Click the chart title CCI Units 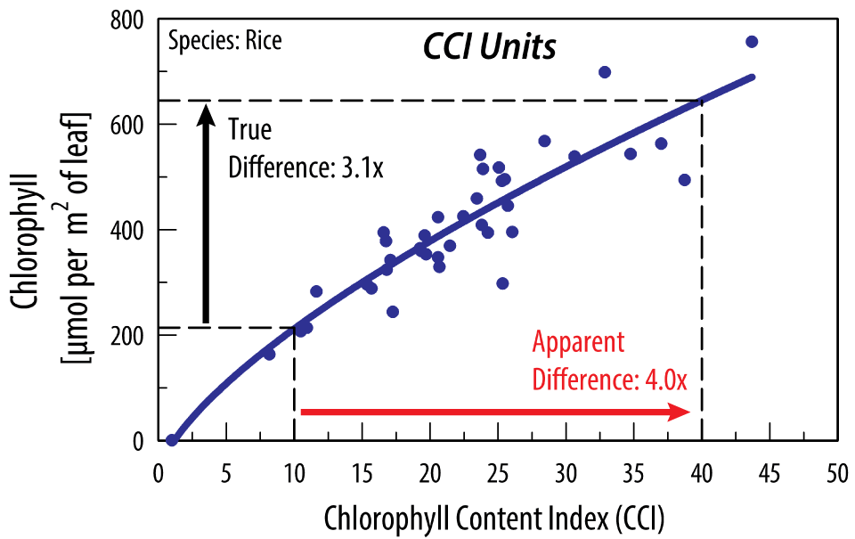[x=489, y=47]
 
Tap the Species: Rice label [x=224, y=41]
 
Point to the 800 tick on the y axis [x=129, y=19]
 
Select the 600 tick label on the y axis [x=129, y=125]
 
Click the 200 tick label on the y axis [x=129, y=335]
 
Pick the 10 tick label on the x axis [x=294, y=470]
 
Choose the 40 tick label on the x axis [x=702, y=470]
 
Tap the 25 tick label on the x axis [x=498, y=470]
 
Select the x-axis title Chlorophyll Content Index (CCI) [x=494, y=516]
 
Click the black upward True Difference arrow [x=206, y=214]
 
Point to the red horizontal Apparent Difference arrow [x=495, y=412]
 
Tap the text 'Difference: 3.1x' [x=305, y=167]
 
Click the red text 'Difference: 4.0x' [x=609, y=380]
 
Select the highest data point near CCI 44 [x=752, y=42]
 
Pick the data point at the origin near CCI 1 [x=172, y=440]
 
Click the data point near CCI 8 [x=269, y=354]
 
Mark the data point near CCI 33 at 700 [x=605, y=72]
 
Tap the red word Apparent [x=578, y=343]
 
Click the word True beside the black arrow [x=249, y=130]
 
